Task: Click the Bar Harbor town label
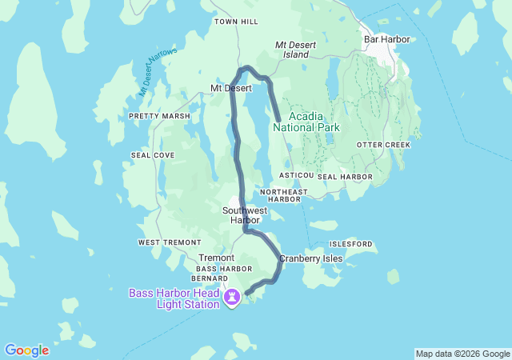coord(387,38)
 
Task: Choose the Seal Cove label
coord(152,155)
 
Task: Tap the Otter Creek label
coord(383,145)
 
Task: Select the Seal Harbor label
coord(345,176)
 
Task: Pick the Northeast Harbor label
coord(283,195)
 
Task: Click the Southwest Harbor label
coord(245,214)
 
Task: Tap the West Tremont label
coord(163,242)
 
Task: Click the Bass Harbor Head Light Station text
coord(174,298)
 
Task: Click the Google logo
coord(26,350)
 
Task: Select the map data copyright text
coord(462,354)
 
